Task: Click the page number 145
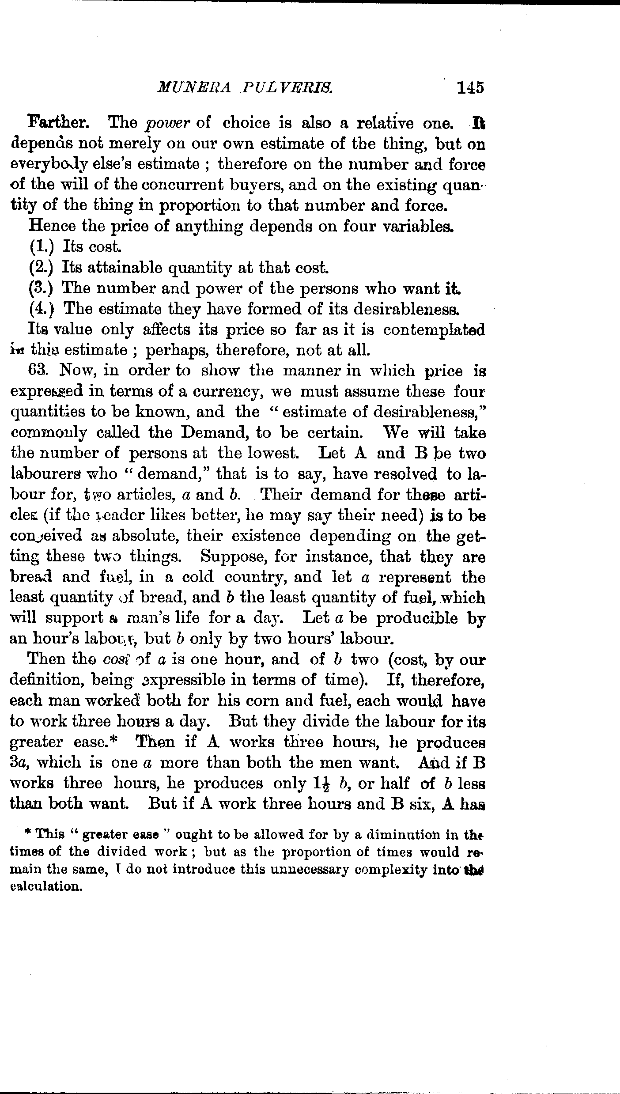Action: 470,87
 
